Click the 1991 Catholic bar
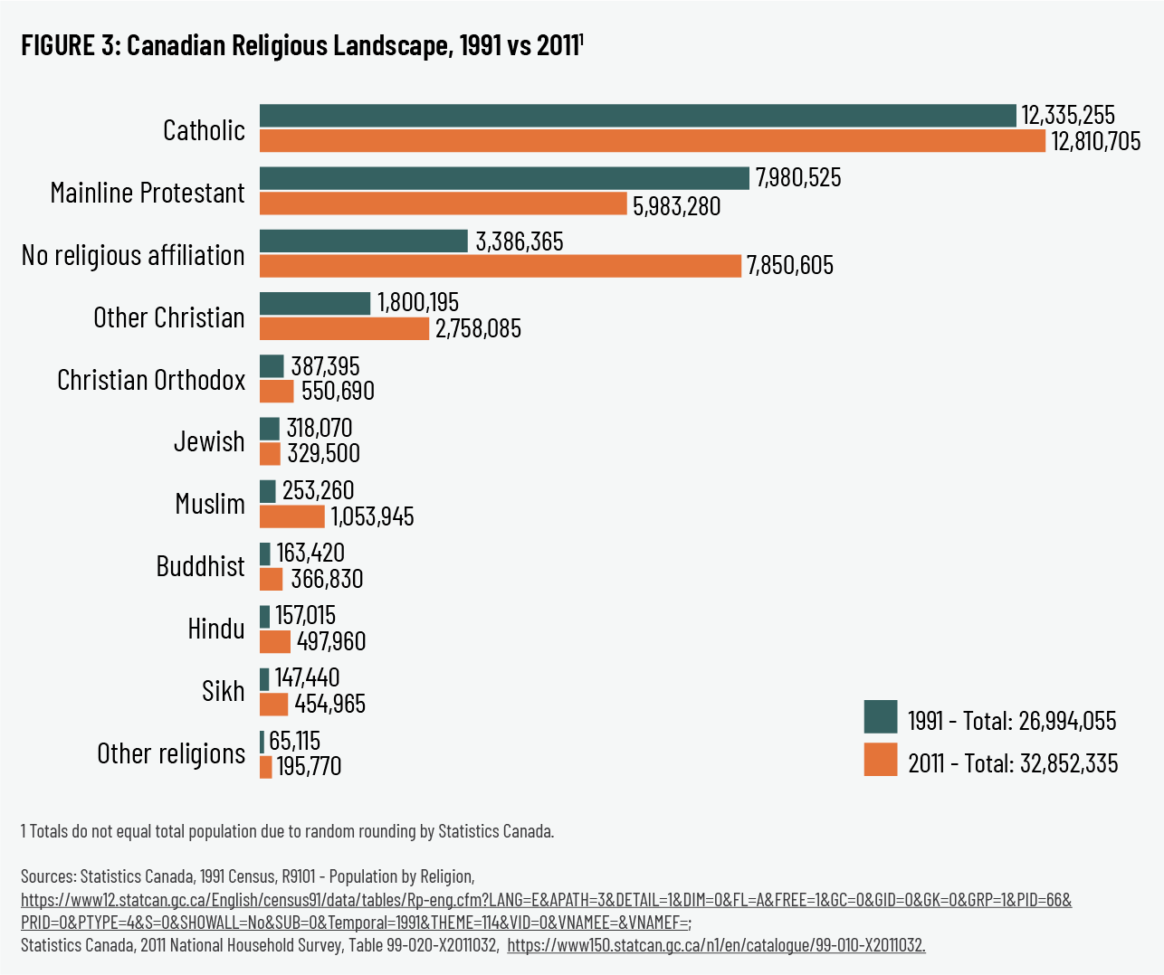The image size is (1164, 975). point(637,116)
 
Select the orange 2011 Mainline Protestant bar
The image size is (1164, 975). point(443,204)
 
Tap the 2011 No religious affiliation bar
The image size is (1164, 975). point(500,266)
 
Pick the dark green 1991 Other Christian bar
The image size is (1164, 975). point(315,303)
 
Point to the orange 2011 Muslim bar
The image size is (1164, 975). point(291,516)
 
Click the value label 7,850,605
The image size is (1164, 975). point(790,266)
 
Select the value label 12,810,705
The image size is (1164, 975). point(1095,142)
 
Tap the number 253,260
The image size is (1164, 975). point(318,491)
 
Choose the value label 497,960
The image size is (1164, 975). point(331,641)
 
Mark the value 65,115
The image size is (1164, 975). point(294,742)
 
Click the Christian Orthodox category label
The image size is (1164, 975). point(151,380)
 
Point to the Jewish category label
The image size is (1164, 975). point(209,442)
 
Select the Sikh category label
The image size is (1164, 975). point(223,692)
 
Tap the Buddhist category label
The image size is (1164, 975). point(200,567)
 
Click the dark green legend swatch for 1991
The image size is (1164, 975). point(880,716)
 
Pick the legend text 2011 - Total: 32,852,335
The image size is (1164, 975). point(1013,763)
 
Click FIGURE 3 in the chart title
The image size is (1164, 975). point(71,46)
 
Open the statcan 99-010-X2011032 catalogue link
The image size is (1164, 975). point(716,946)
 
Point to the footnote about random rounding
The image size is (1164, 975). point(287,831)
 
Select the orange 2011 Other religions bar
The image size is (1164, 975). point(265,767)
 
